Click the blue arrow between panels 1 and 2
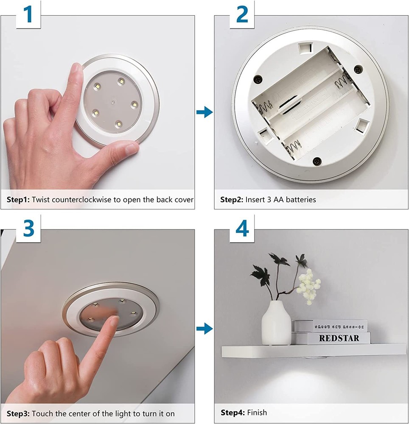coord(204,112)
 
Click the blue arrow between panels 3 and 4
coord(204,328)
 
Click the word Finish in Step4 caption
coord(257,412)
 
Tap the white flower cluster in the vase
coord(308,286)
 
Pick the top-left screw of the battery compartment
coord(257,78)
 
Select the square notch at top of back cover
coord(304,48)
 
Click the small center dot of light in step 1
coord(112,102)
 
